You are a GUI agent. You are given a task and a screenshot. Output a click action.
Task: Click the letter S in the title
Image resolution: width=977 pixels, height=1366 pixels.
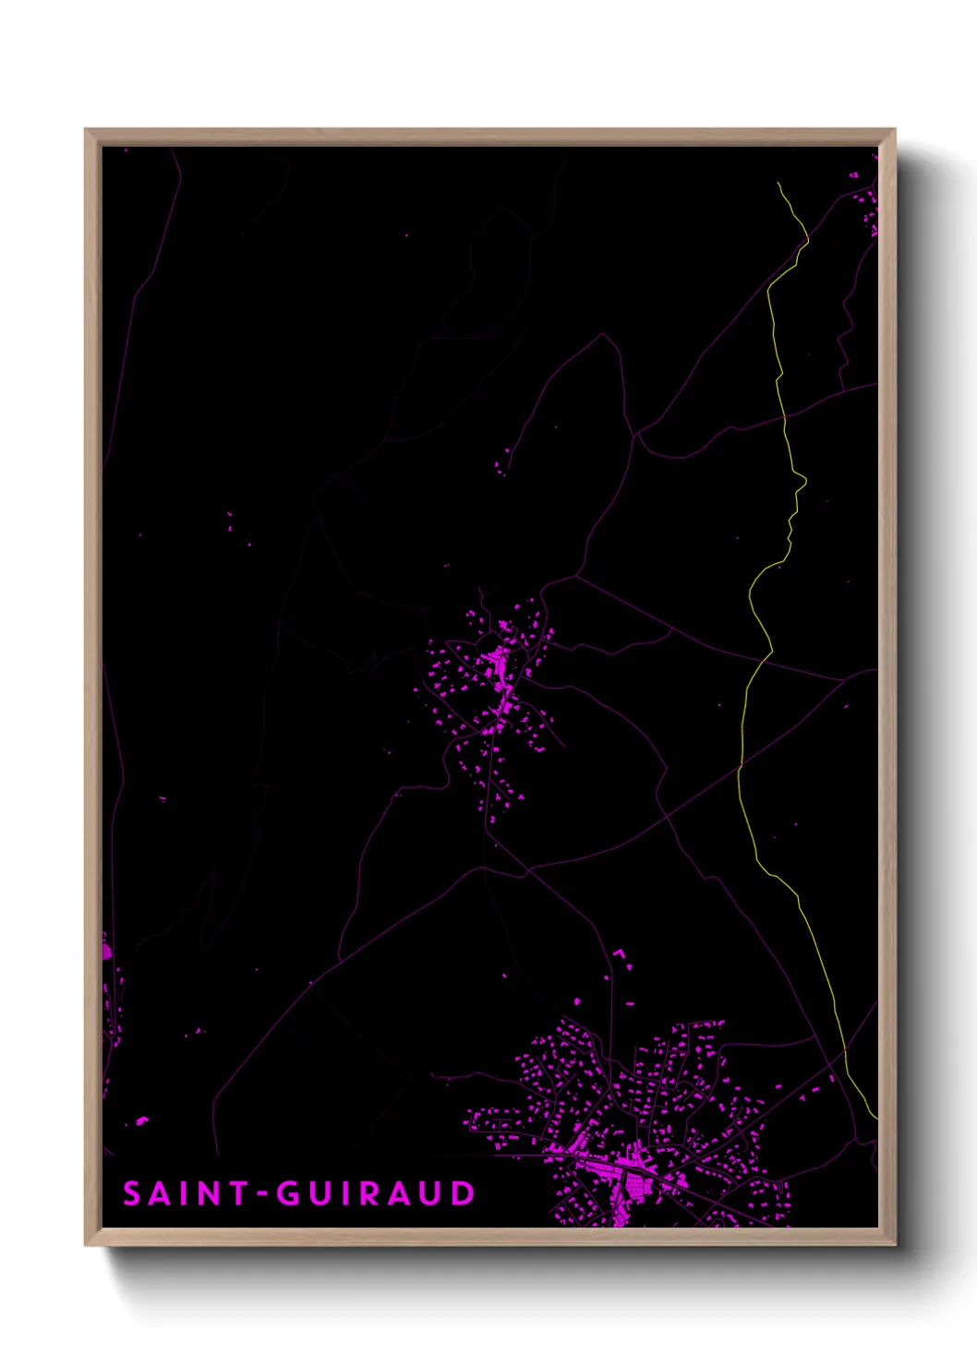[x=132, y=1193]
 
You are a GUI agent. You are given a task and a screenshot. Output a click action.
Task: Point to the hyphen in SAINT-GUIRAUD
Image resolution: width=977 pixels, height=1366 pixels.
[x=262, y=1195]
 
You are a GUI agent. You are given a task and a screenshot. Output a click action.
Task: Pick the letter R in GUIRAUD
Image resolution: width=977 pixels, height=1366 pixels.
[x=368, y=1193]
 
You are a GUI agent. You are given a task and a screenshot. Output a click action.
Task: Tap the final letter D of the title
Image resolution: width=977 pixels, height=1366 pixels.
[x=462, y=1193]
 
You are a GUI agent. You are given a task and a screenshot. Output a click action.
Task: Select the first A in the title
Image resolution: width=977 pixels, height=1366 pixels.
[x=159, y=1193]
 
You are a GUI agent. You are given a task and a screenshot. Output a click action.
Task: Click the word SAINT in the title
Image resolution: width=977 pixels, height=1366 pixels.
[x=186, y=1193]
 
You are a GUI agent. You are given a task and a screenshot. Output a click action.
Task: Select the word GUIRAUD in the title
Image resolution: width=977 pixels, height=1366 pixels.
[x=376, y=1193]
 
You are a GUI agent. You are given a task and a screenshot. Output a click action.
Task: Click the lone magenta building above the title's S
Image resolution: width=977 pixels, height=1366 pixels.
[x=141, y=1121]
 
